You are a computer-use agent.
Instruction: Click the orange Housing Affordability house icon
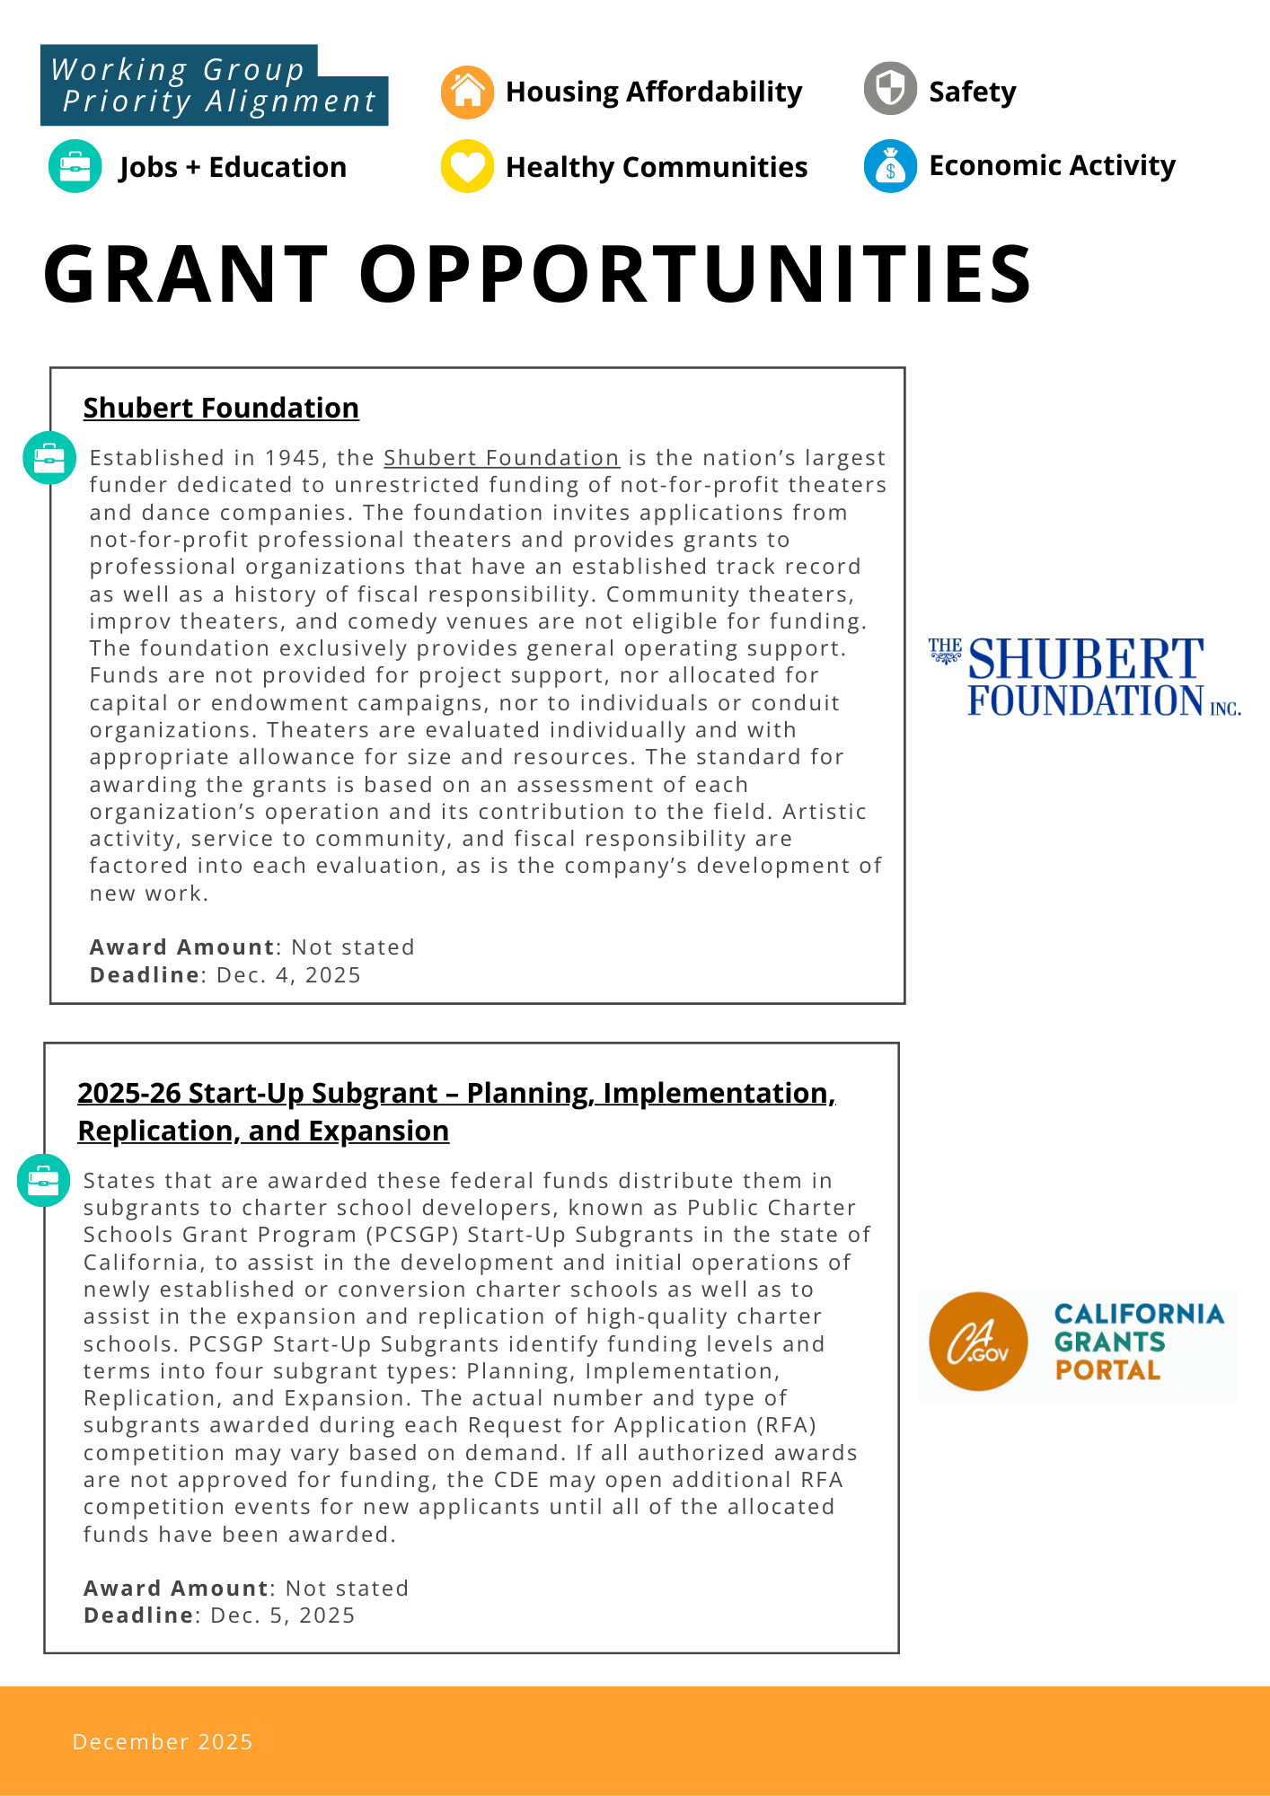(x=467, y=92)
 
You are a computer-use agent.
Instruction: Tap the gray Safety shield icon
(x=890, y=89)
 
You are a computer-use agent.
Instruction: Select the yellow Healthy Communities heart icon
(x=467, y=166)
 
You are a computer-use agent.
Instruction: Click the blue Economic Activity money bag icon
(x=890, y=166)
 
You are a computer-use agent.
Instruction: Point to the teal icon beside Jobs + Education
(x=75, y=166)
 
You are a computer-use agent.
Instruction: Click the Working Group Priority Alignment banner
(x=214, y=86)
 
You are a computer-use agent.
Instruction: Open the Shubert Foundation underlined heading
(x=221, y=408)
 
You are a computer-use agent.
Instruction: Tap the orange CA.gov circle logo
(x=977, y=1342)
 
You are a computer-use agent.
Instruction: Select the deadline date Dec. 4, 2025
(x=288, y=975)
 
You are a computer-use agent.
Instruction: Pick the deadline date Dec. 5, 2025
(x=282, y=1616)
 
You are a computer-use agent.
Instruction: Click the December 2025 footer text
(x=163, y=1742)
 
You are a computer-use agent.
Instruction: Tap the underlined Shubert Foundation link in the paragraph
(x=501, y=458)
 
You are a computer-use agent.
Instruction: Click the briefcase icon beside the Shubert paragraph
(x=49, y=458)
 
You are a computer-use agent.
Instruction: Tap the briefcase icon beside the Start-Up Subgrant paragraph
(x=43, y=1180)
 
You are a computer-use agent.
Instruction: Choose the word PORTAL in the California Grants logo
(x=1107, y=1370)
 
